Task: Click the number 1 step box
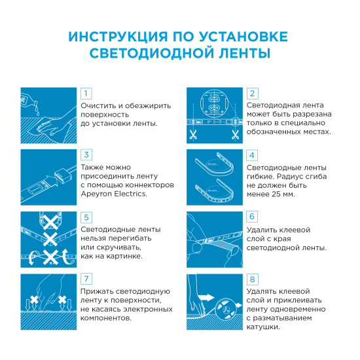(86, 94)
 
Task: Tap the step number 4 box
(253, 155)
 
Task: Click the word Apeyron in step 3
(96, 194)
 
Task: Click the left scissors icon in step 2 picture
(194, 135)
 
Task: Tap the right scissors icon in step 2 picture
(234, 135)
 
